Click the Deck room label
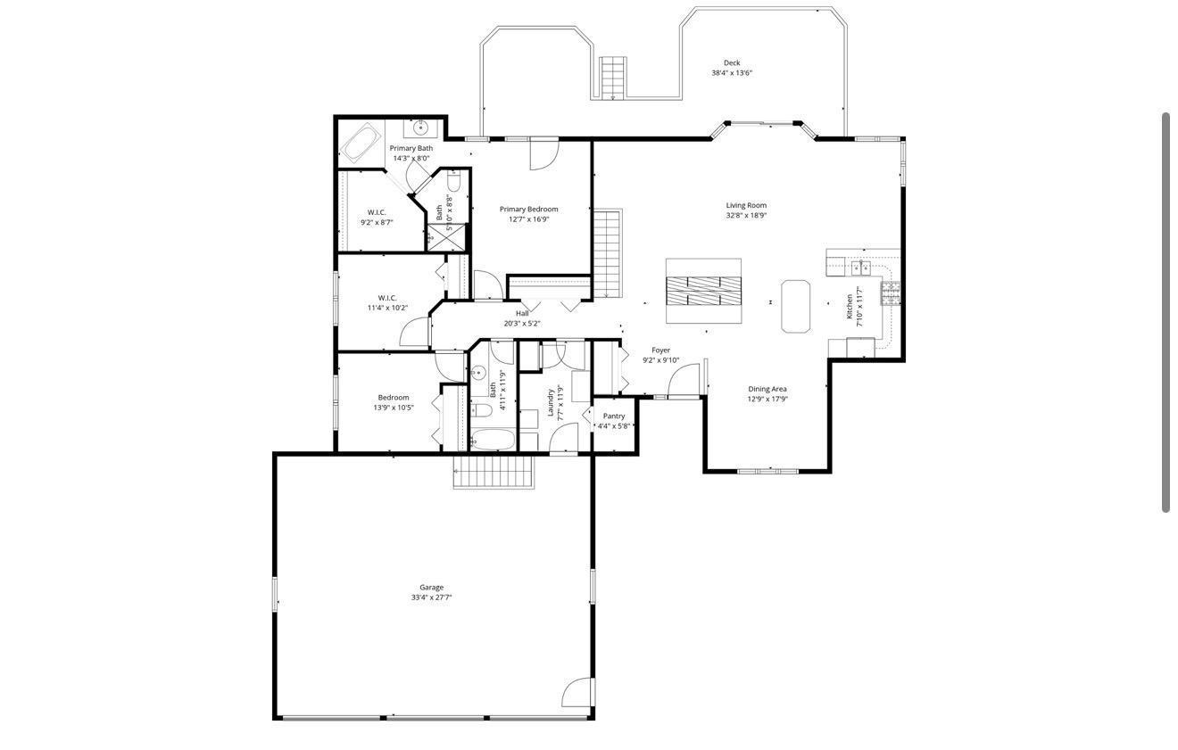coord(731,63)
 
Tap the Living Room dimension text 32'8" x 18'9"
coord(745,216)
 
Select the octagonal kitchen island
coord(795,306)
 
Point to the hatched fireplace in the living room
coord(703,291)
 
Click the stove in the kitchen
coord(891,293)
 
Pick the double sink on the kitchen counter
coord(859,267)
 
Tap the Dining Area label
coord(767,389)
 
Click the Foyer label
coord(660,350)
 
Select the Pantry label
coord(614,416)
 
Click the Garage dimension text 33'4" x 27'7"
coord(431,598)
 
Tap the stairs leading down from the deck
coord(612,78)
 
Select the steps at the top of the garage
coord(493,472)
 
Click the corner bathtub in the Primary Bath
coord(361,144)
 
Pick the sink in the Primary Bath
coord(420,128)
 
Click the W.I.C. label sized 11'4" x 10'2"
coord(386,298)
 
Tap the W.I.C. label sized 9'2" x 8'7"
coord(376,212)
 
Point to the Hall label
coord(522,314)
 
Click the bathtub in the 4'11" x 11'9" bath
coord(493,439)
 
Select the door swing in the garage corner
coord(579,693)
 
